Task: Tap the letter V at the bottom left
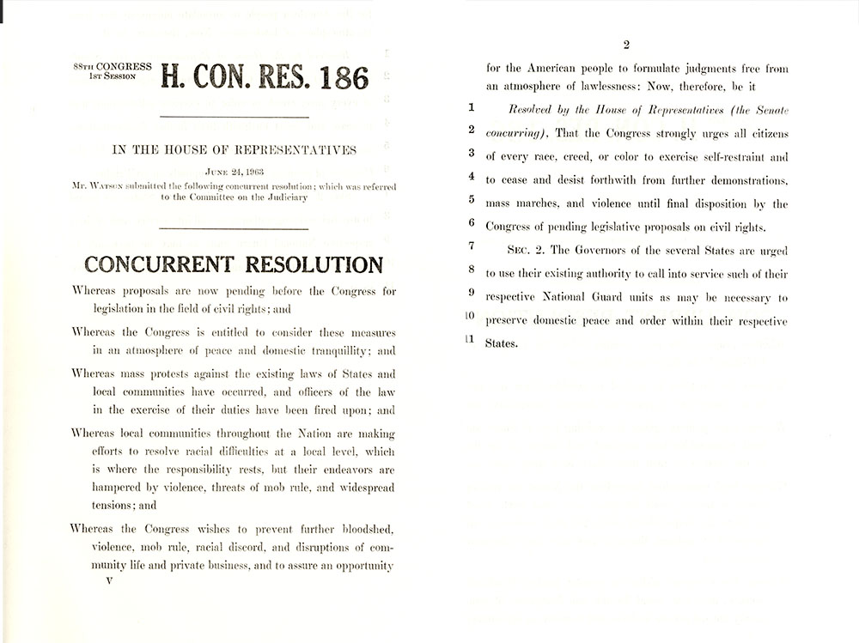pyautogui.click(x=108, y=580)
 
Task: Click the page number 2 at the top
pyautogui.click(x=626, y=45)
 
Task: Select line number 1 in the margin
pyautogui.click(x=471, y=110)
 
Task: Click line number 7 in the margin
pyautogui.click(x=471, y=247)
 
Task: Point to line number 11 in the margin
pyautogui.click(x=469, y=338)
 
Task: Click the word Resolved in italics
pyautogui.click(x=536, y=112)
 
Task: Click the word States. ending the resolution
pyautogui.click(x=503, y=343)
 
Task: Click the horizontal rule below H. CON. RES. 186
pyautogui.click(x=235, y=116)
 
